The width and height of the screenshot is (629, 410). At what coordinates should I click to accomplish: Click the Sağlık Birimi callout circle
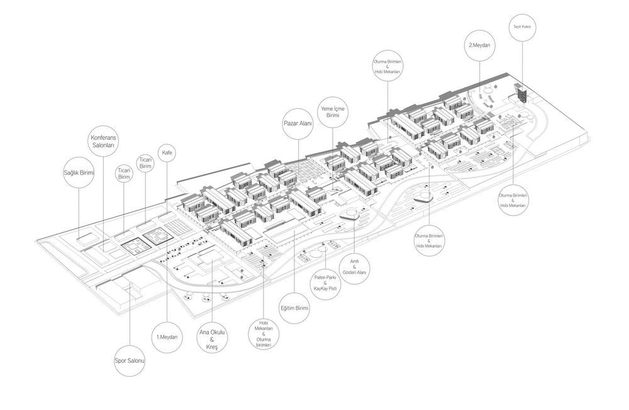click(79, 173)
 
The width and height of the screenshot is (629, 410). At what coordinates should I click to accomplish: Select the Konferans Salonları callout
click(103, 141)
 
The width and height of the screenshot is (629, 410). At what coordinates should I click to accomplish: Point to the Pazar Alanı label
click(298, 124)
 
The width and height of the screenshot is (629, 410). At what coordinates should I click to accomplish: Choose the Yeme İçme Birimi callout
click(333, 112)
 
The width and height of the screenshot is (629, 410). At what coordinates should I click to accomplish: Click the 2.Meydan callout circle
click(479, 46)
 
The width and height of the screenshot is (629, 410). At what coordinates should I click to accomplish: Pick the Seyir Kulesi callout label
click(522, 26)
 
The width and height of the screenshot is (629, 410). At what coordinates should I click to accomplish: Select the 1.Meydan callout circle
click(167, 338)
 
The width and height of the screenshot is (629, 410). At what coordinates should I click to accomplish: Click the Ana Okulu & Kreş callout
click(213, 339)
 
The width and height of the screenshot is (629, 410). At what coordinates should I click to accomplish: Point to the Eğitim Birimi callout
click(294, 309)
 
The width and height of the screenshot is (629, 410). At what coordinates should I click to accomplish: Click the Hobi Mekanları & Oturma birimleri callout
click(264, 334)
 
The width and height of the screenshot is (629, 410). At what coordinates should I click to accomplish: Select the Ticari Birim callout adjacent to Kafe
click(145, 163)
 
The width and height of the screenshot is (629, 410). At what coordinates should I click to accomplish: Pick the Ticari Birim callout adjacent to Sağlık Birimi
click(124, 173)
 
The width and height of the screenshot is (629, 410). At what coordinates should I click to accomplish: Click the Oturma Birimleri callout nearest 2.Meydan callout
click(387, 66)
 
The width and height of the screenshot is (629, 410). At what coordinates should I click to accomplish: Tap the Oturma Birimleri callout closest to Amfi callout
click(429, 240)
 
